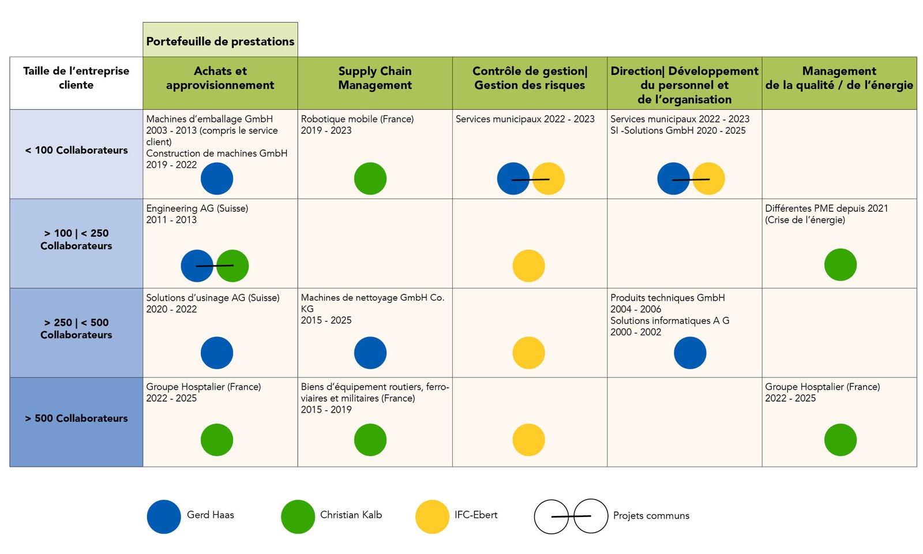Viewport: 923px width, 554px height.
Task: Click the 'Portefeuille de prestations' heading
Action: pos(220,42)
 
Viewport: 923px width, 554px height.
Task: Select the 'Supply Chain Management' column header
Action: pos(375,78)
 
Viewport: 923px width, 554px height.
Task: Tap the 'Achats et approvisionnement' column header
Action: pos(220,78)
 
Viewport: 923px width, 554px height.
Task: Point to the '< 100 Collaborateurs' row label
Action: pos(76,151)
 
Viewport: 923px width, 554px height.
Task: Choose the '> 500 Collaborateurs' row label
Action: pos(76,418)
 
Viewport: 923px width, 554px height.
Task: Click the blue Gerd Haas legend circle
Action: pos(164,516)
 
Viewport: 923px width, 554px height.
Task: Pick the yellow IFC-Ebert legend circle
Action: pos(432,516)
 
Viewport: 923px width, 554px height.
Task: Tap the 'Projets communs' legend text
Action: pos(651,516)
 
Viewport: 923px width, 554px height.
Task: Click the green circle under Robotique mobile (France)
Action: pos(370,178)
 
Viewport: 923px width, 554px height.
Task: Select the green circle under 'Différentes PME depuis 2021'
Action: pos(841,265)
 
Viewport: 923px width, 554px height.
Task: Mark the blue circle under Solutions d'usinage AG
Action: pos(217,353)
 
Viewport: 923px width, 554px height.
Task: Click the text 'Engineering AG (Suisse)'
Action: pos(197,208)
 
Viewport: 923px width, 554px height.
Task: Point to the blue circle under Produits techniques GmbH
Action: pos(690,353)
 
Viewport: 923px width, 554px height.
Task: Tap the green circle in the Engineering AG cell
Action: pos(232,266)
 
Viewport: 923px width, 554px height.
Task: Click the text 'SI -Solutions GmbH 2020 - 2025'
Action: pos(678,130)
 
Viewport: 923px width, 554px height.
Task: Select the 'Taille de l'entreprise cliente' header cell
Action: pos(76,78)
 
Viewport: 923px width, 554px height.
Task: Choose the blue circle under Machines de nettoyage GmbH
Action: pos(370,353)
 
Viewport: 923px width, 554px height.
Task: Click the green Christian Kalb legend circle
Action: pos(298,516)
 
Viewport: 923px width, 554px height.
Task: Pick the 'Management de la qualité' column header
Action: pos(839,78)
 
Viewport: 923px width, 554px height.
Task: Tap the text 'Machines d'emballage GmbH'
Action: pos(209,119)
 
